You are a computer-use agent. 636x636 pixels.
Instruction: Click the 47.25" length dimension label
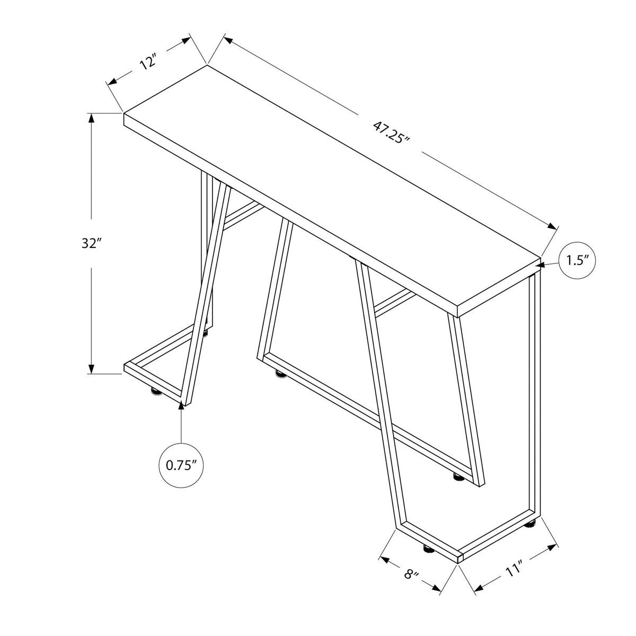point(391,132)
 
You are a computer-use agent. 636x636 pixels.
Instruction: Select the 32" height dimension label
point(91,243)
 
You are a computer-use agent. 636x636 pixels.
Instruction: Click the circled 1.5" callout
point(577,261)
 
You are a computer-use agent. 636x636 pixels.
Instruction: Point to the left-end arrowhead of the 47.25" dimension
point(229,41)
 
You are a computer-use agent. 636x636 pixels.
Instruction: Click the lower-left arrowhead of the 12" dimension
point(113,81)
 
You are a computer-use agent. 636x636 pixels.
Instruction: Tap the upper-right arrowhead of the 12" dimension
point(187,41)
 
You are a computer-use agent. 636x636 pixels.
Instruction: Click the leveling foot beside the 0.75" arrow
point(156,391)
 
